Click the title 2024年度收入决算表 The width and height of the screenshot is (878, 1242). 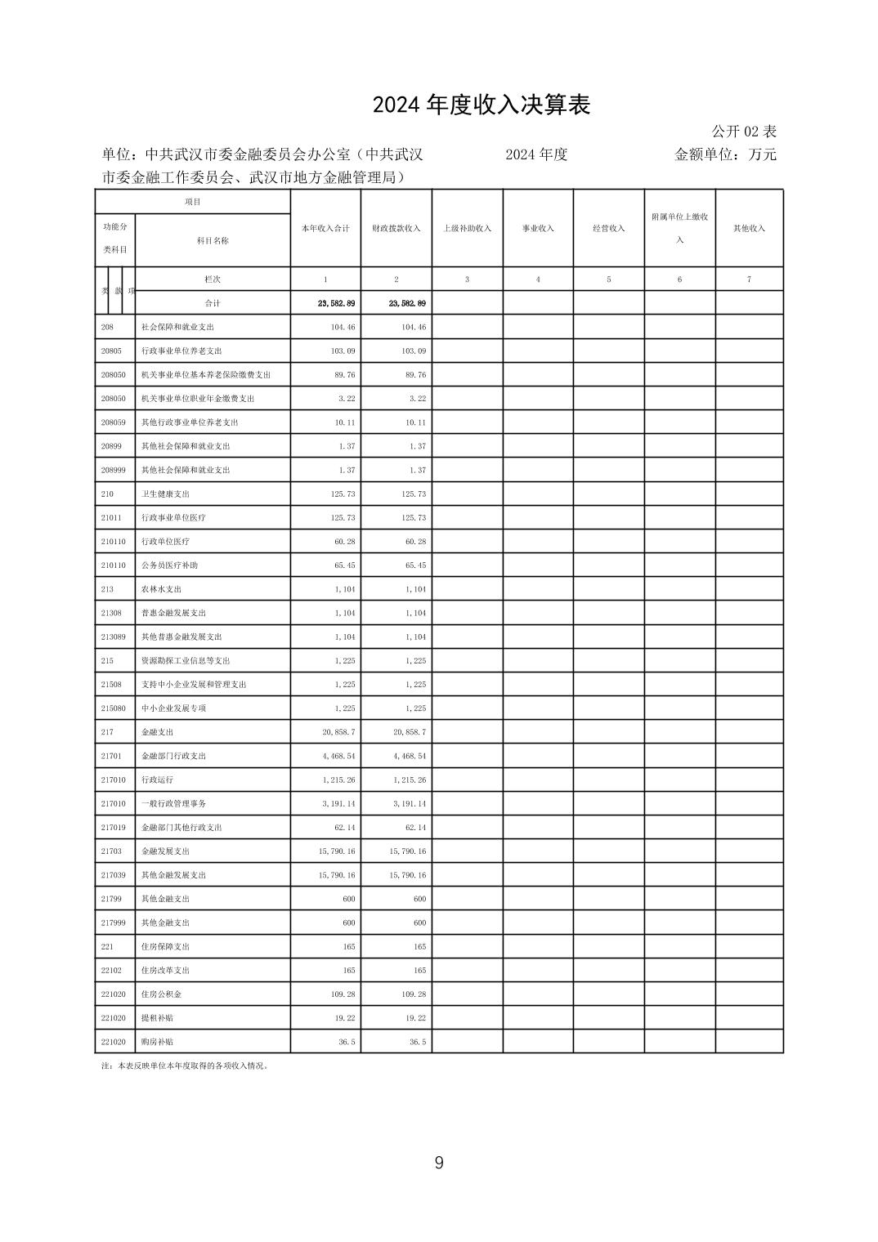481,105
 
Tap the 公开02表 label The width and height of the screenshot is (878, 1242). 743,132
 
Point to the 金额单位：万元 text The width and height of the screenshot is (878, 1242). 724,154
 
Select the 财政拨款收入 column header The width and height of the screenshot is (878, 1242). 396,229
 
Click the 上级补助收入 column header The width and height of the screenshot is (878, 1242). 467,229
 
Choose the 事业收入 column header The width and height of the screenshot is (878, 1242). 538,229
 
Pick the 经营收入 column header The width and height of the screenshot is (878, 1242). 609,229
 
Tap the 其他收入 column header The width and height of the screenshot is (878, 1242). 749,229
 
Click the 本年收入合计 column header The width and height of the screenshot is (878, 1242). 325,229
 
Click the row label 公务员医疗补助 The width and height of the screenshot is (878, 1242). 169,565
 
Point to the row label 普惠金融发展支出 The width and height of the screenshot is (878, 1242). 173,613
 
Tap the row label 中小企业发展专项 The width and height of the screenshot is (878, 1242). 173,708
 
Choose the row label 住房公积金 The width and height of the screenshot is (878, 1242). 161,994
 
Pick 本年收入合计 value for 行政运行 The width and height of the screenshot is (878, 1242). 339,780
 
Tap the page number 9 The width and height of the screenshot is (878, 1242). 439,1163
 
